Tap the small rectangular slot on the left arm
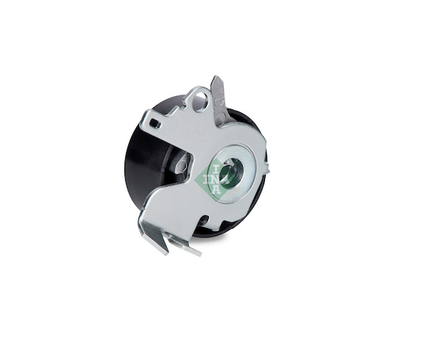[x=156, y=123]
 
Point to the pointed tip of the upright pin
[x=216, y=77]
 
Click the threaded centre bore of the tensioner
[x=231, y=173]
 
